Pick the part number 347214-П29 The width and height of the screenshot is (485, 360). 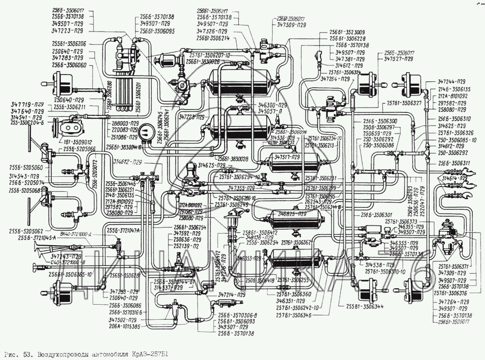pyautogui.click(x=232, y=295)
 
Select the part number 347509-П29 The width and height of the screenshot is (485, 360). pyautogui.click(x=291, y=24)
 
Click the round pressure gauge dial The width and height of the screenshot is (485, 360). pyautogui.click(x=145, y=133)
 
